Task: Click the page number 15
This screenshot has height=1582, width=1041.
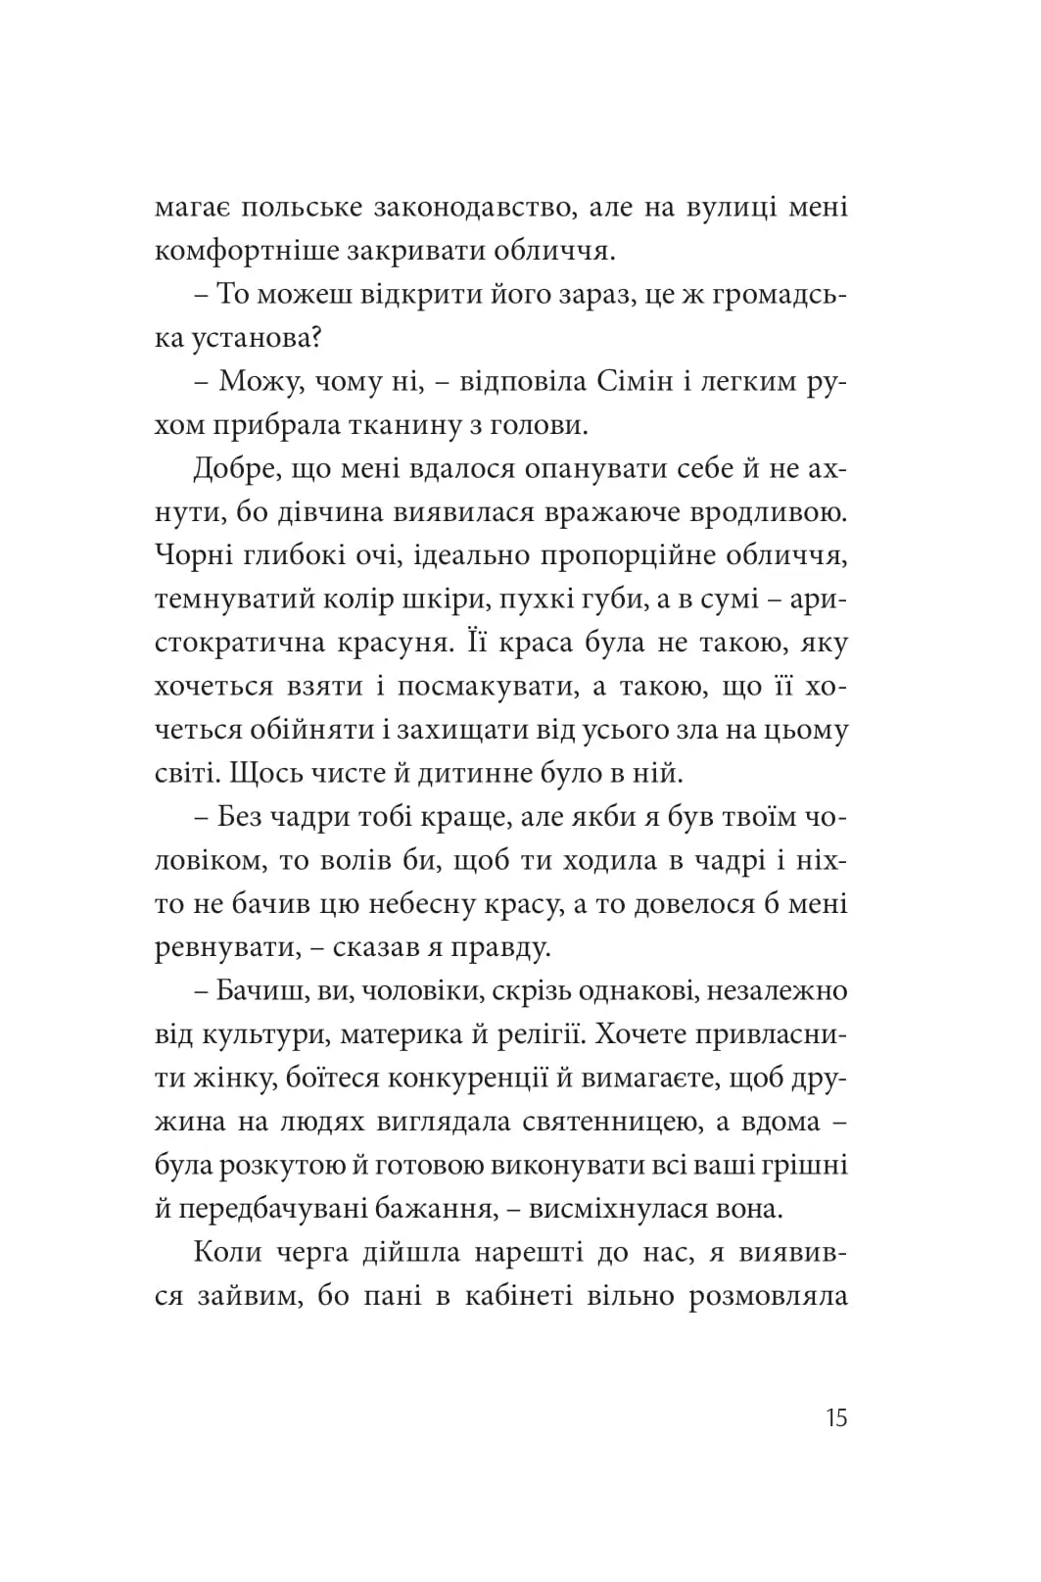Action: click(x=835, y=1417)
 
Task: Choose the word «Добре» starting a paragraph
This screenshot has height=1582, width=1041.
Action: click(x=234, y=468)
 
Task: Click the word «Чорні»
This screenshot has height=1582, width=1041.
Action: click(x=193, y=555)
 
